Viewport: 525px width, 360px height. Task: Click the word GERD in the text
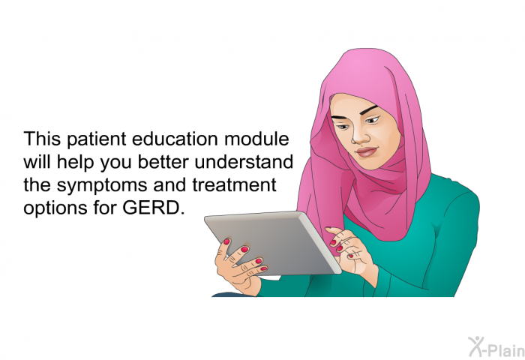tap(153, 207)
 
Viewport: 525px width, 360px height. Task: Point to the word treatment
tap(234, 184)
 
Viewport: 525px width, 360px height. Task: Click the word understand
tap(244, 162)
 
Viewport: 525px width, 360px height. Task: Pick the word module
tap(256, 139)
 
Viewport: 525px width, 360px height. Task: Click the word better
tap(163, 162)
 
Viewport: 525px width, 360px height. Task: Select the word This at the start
tap(42, 139)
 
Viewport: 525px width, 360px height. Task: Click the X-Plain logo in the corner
tap(496, 347)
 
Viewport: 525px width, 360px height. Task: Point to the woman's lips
tap(367, 152)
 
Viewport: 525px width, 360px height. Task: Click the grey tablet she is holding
tap(273, 243)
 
